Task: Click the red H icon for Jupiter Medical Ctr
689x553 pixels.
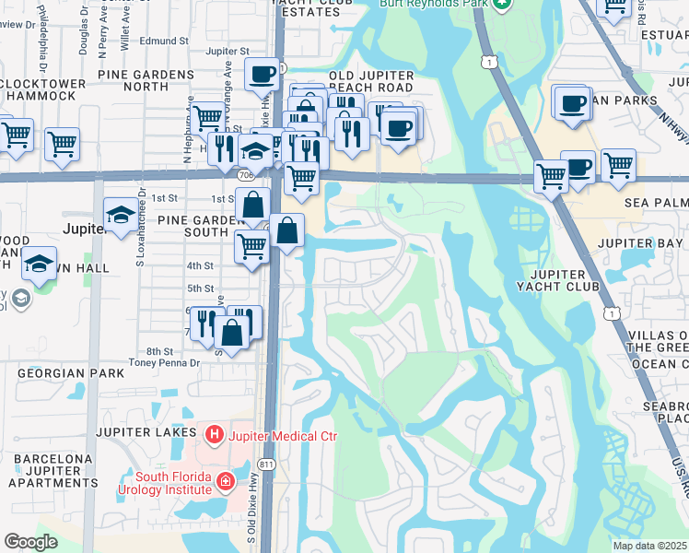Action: pyautogui.click(x=215, y=432)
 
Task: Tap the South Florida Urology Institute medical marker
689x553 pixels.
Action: pyautogui.click(x=224, y=481)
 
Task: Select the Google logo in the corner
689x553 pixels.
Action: pyautogui.click(x=31, y=542)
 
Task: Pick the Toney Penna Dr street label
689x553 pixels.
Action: pyautogui.click(x=166, y=363)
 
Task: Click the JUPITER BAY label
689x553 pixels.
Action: pyautogui.click(x=638, y=242)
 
